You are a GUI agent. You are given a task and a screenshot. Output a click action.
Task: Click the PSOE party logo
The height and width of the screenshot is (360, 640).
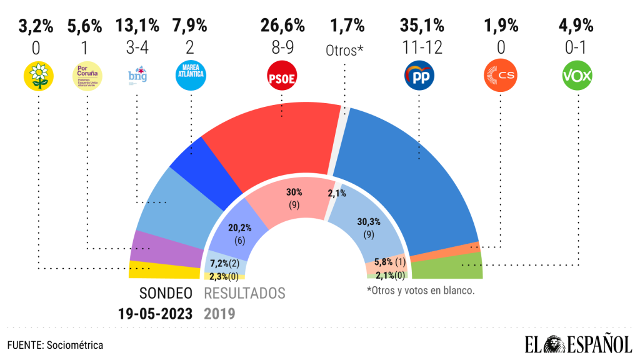pyautogui.click(x=282, y=76)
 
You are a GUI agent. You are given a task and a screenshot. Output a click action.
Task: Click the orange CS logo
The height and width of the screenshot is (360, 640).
pyautogui.click(x=500, y=76)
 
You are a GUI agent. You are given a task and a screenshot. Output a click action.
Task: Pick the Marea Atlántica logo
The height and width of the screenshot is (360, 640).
pyautogui.click(x=190, y=76)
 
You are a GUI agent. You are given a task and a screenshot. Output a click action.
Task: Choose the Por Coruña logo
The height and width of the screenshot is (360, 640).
pyautogui.click(x=86, y=76)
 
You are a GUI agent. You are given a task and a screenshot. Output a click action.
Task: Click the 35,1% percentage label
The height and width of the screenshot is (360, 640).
pyautogui.click(x=422, y=26)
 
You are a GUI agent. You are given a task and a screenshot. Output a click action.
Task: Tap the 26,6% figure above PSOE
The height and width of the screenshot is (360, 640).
pyautogui.click(x=282, y=26)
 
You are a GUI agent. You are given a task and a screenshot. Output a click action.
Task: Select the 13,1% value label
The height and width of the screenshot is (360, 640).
pyautogui.click(x=136, y=26)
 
